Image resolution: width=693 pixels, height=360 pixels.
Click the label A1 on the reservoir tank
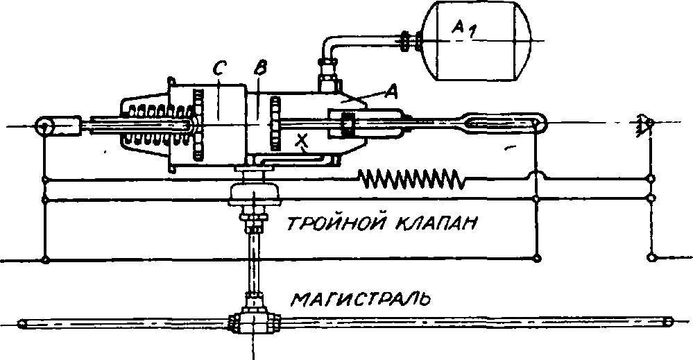tap(467, 28)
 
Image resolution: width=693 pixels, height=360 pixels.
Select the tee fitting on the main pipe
tap(254, 323)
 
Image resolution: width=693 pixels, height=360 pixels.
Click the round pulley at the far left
tap(46, 127)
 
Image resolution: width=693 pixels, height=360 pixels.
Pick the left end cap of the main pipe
tap(22, 323)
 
